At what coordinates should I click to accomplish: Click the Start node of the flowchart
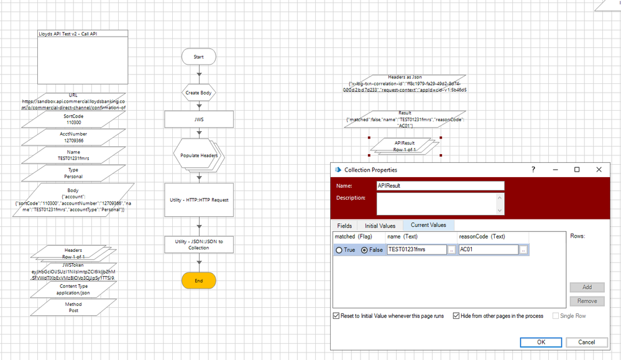point(199,57)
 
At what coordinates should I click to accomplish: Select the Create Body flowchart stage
point(199,93)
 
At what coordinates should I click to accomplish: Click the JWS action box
point(199,119)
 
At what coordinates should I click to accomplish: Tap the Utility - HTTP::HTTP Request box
point(199,199)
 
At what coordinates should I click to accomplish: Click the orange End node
point(199,280)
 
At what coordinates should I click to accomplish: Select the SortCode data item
point(74,119)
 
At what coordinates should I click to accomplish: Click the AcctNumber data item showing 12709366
point(74,137)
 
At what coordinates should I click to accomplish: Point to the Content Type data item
point(74,290)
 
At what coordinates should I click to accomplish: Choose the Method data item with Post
point(74,307)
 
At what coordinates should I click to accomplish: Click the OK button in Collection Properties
point(541,342)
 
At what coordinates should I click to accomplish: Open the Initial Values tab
point(380,225)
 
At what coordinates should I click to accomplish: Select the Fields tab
point(344,225)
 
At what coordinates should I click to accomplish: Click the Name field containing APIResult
point(440,185)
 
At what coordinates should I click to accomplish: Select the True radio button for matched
point(339,250)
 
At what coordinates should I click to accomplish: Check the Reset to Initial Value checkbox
point(336,316)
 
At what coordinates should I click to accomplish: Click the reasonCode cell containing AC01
point(489,250)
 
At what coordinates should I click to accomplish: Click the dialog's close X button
point(599,170)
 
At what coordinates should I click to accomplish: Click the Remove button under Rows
point(587,301)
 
